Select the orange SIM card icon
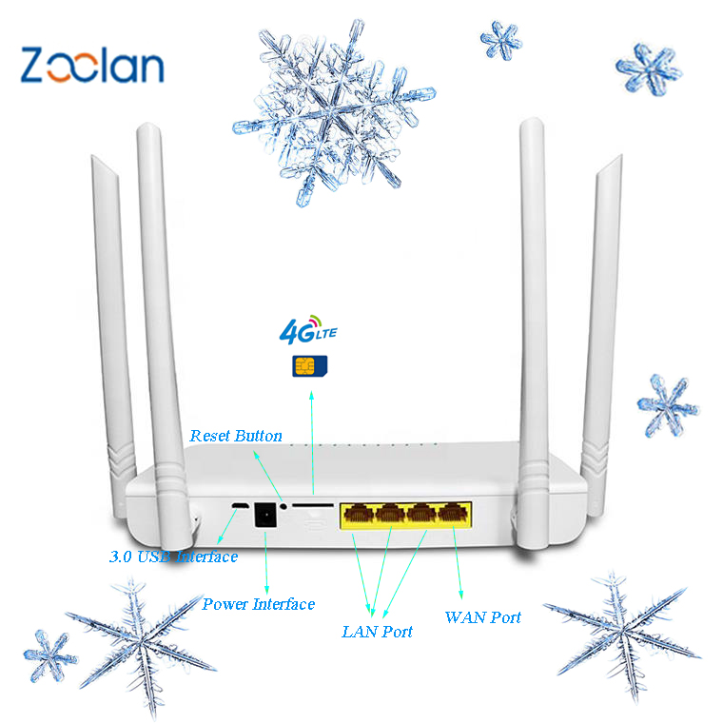pos(305,365)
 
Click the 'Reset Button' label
pos(236,436)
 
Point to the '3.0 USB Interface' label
pos(172,557)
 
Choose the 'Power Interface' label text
pos(258,604)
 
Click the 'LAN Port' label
pos(377,631)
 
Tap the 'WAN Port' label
pos(482,617)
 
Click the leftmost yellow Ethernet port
pos(361,516)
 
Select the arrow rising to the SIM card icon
pos(313,438)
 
